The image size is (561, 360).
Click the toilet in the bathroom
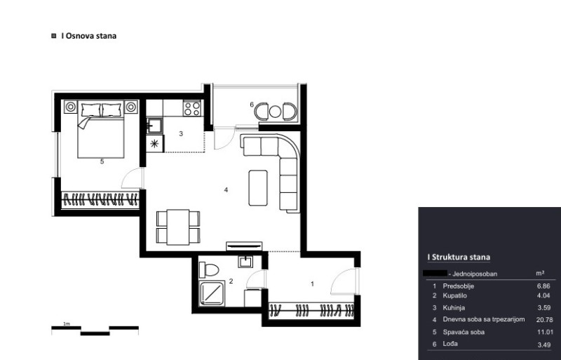[x=209, y=269]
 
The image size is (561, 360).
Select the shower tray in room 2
[x=212, y=293]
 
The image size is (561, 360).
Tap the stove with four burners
[x=192, y=108]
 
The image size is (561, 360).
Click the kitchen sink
[x=154, y=126]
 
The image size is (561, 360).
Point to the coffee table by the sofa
[x=258, y=187]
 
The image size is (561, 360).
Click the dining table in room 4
[x=178, y=227]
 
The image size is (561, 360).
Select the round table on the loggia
[x=275, y=112]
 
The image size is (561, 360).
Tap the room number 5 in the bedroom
[x=102, y=161]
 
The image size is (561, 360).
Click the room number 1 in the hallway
[x=312, y=284]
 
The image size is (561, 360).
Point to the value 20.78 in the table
[x=545, y=320]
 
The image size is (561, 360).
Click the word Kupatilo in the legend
[x=454, y=295]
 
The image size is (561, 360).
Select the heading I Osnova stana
[x=89, y=36]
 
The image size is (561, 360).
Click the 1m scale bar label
[x=67, y=324]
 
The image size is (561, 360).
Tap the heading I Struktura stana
[x=459, y=257]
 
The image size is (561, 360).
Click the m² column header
[x=540, y=273]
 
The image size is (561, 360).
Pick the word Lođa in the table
[x=450, y=344]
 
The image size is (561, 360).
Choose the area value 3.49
[x=544, y=345]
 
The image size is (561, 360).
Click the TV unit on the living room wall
[x=244, y=246]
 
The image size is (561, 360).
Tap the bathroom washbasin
[x=246, y=262]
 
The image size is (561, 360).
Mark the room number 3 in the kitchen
[x=181, y=133]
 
